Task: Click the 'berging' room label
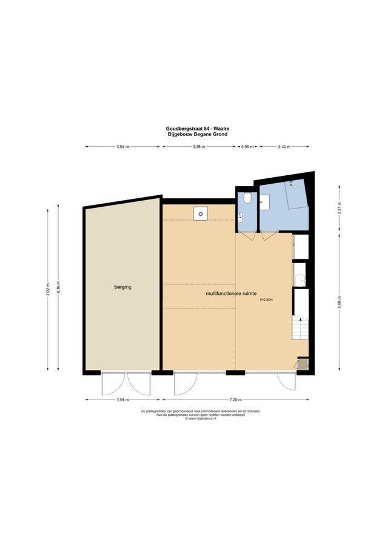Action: coord(122,287)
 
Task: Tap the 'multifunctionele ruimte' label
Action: coord(232,294)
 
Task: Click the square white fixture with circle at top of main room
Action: coord(200,213)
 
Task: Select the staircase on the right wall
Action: coord(300,330)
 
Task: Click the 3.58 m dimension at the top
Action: coord(199,147)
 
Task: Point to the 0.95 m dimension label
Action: coord(247,147)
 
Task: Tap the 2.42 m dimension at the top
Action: coord(284,147)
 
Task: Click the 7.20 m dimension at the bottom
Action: coord(236,400)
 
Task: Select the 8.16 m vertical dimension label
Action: coord(59,288)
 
